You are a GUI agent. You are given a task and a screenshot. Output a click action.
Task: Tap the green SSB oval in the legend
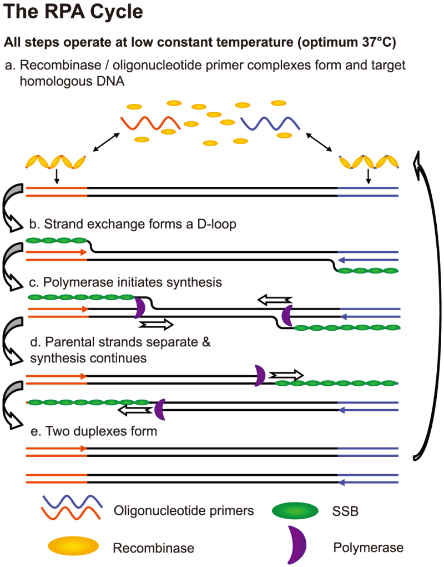coord(295,511)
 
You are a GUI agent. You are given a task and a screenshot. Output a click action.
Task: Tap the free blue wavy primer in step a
coord(270,122)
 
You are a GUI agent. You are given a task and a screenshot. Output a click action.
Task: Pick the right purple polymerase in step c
coord(287,315)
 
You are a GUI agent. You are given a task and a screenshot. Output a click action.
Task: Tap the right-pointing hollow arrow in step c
coord(157,324)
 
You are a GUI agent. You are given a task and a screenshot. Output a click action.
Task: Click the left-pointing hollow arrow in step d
coord(137,410)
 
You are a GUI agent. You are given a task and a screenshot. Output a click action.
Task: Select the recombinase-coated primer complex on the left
coord(57,162)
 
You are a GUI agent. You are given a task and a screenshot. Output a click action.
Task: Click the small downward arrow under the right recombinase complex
coord(368,177)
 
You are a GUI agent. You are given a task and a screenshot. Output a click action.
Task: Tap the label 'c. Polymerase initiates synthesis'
coord(125,282)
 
